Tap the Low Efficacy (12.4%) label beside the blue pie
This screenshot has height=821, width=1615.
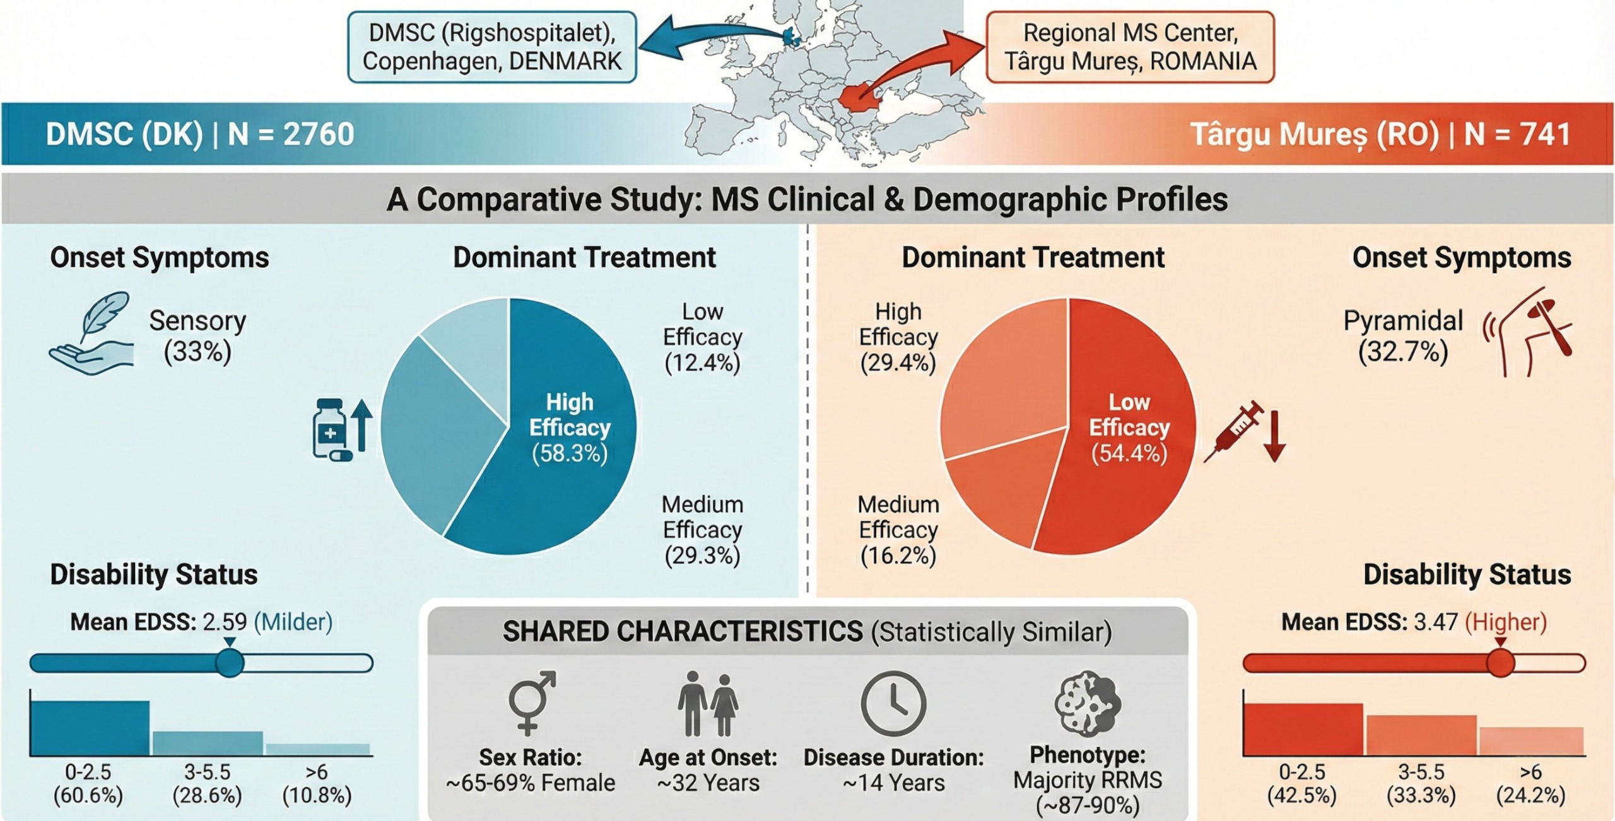pyautogui.click(x=702, y=337)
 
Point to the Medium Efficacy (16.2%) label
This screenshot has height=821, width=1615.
pyautogui.click(x=898, y=530)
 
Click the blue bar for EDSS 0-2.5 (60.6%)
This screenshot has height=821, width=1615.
pyautogui.click(x=90, y=728)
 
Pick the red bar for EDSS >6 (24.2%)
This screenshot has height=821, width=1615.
pyautogui.click(x=1531, y=741)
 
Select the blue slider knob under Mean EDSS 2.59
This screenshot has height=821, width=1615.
pyautogui.click(x=230, y=663)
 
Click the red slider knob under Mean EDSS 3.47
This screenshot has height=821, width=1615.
pyautogui.click(x=1500, y=663)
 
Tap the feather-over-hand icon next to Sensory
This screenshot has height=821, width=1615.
pyautogui.click(x=93, y=334)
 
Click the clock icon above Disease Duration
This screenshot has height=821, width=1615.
pyautogui.click(x=893, y=703)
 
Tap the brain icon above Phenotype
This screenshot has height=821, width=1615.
pyautogui.click(x=1087, y=703)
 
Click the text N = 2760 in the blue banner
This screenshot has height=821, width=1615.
pyautogui.click(x=291, y=134)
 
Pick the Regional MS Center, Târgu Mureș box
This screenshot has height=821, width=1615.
pyautogui.click(x=1130, y=47)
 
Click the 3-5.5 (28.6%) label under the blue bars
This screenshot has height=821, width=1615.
pyautogui.click(x=207, y=784)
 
